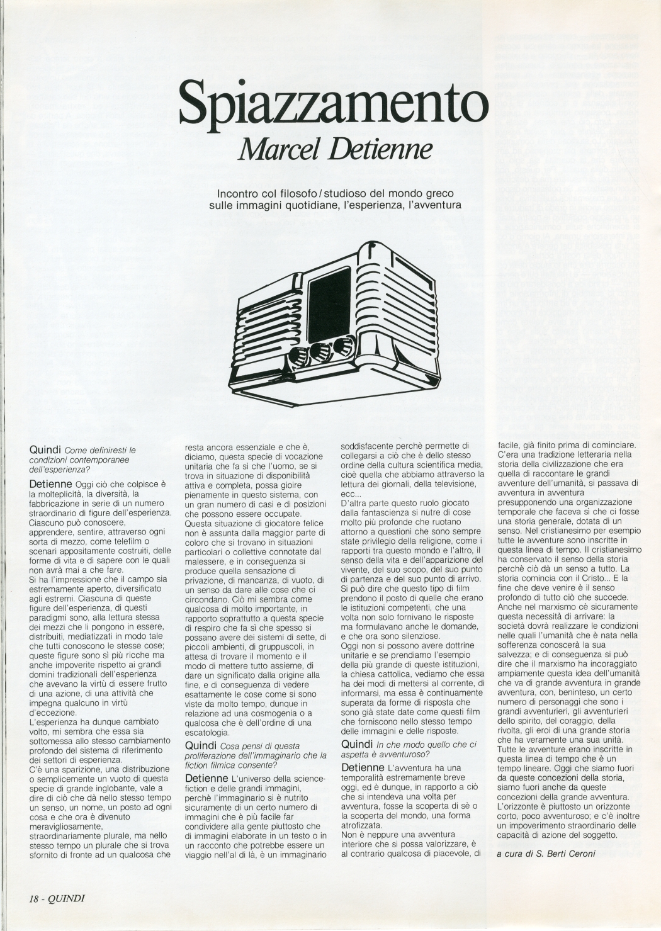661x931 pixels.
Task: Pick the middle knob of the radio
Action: tap(319, 351)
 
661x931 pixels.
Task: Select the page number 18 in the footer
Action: tap(37, 898)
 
